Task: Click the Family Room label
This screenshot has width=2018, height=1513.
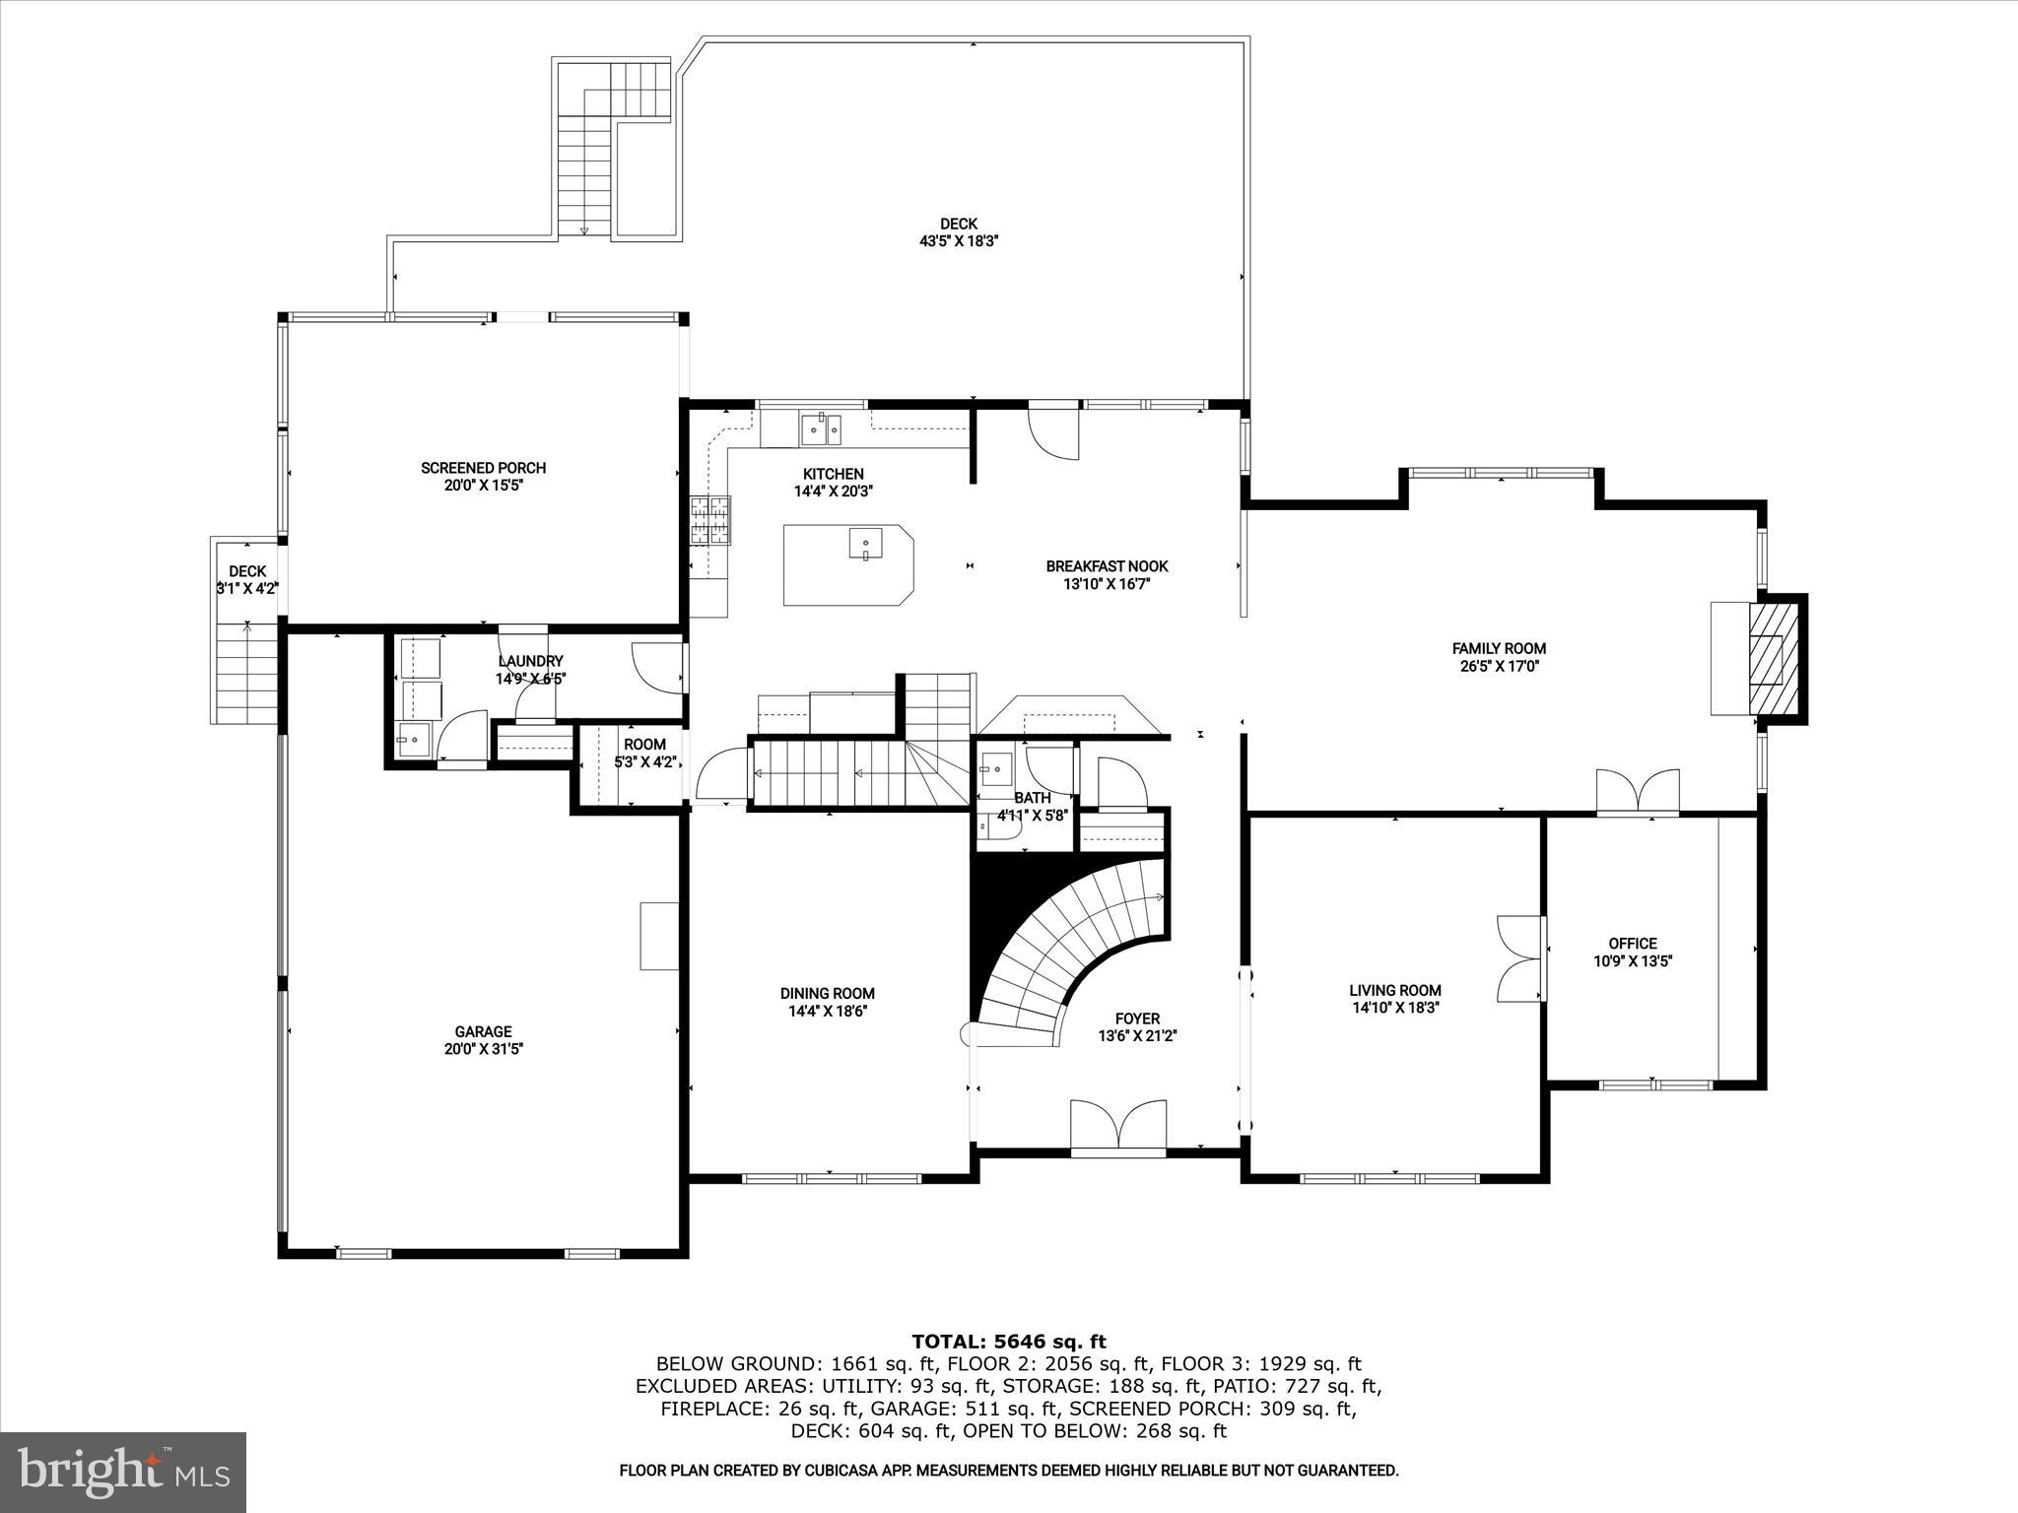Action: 1499,648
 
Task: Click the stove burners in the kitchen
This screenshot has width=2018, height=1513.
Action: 710,520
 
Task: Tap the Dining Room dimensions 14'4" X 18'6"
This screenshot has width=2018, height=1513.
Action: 828,1011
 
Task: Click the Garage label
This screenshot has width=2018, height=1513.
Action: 483,1031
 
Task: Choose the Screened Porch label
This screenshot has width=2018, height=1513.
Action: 483,468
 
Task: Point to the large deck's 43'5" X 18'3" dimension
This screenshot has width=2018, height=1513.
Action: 959,240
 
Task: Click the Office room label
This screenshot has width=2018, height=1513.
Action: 1633,943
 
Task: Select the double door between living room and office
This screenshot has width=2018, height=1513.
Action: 1519,956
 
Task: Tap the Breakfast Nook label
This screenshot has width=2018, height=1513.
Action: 1107,566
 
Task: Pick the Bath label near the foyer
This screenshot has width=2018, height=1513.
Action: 1032,798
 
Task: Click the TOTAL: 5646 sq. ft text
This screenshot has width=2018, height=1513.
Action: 1009,1341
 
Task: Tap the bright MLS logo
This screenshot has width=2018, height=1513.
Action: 123,1472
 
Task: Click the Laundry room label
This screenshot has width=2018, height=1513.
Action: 530,661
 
